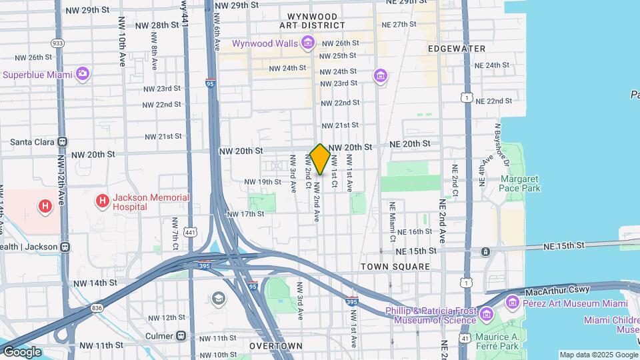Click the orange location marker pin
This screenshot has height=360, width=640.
(320, 159)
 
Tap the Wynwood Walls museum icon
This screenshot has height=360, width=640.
(307, 44)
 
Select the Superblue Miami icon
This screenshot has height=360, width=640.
(83, 74)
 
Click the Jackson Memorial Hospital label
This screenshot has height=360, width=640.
(141, 202)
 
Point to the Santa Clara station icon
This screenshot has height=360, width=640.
(63, 141)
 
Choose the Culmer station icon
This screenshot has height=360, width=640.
(181, 335)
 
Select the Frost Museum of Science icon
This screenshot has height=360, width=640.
(486, 313)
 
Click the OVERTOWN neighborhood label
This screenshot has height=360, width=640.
(276, 346)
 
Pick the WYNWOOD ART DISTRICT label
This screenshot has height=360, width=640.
(312, 21)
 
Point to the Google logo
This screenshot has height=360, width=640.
(21, 352)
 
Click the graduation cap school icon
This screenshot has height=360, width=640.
(219, 298)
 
